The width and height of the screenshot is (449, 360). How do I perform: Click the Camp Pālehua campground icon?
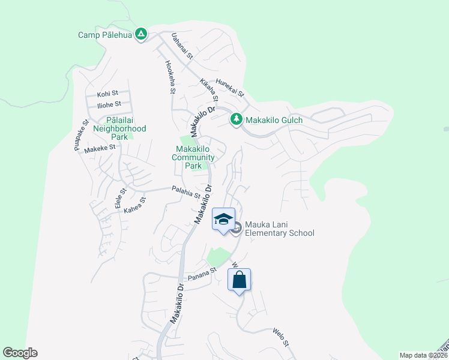[x=140, y=34]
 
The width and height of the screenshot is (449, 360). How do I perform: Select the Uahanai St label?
[x=181, y=46]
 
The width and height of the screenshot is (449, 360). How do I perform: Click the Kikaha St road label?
[x=208, y=89]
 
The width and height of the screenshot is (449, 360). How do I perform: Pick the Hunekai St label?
[x=230, y=88]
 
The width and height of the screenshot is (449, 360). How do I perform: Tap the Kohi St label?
[x=108, y=94]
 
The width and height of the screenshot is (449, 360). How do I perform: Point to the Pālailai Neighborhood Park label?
[x=122, y=125]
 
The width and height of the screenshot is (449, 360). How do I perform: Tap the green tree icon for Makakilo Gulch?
[x=237, y=120]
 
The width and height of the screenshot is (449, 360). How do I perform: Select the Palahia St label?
[x=185, y=193]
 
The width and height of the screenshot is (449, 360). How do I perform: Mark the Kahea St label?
[x=135, y=206]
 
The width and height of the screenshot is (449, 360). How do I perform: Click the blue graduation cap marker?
[x=223, y=218]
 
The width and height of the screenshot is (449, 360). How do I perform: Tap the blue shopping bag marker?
[x=239, y=280]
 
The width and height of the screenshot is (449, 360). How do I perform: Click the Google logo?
[x=20, y=353]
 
